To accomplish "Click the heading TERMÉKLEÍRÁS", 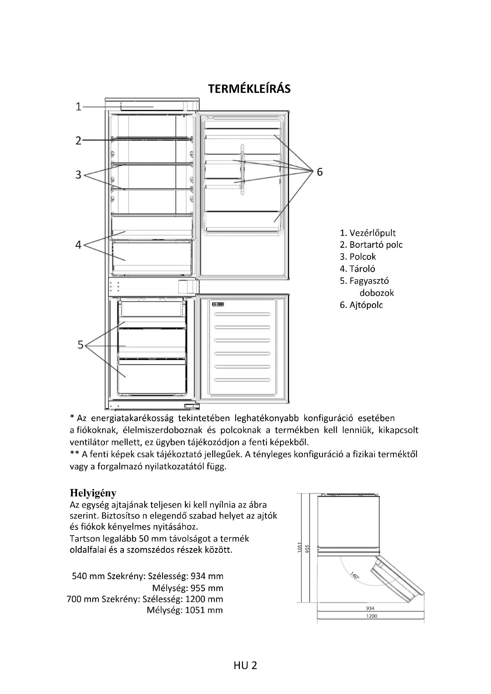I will coord(249,89).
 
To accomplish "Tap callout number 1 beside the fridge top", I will coord(78,107).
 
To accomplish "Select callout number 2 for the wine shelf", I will coord(78,141).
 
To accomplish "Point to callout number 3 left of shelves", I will coord(78,175).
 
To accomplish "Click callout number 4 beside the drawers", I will coord(78,244).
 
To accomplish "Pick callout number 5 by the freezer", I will coord(80,345).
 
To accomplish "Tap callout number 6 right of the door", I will coord(320,172).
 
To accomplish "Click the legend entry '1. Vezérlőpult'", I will coord(367,233).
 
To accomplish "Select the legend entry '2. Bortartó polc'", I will coord(371,244).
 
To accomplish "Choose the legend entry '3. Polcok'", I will coord(358,257).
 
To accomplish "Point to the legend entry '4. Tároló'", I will coord(357,269).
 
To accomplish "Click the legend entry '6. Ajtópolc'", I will coord(361,305).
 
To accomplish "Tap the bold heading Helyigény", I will coord(93,493).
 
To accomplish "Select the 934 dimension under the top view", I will coord(370,608).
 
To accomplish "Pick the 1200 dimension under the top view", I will coord(372,616).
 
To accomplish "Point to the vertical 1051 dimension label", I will coord(300,547).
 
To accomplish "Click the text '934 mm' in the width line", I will coord(207,576).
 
